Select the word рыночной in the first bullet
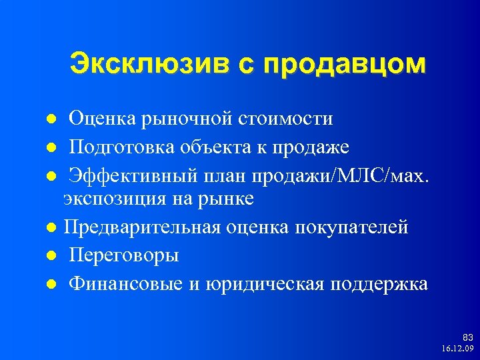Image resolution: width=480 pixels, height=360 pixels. point(175,119)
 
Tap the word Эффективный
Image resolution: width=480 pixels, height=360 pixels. point(135,173)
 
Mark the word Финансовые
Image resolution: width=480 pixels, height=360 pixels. point(125,284)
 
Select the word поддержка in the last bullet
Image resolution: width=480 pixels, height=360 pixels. point(378,284)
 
